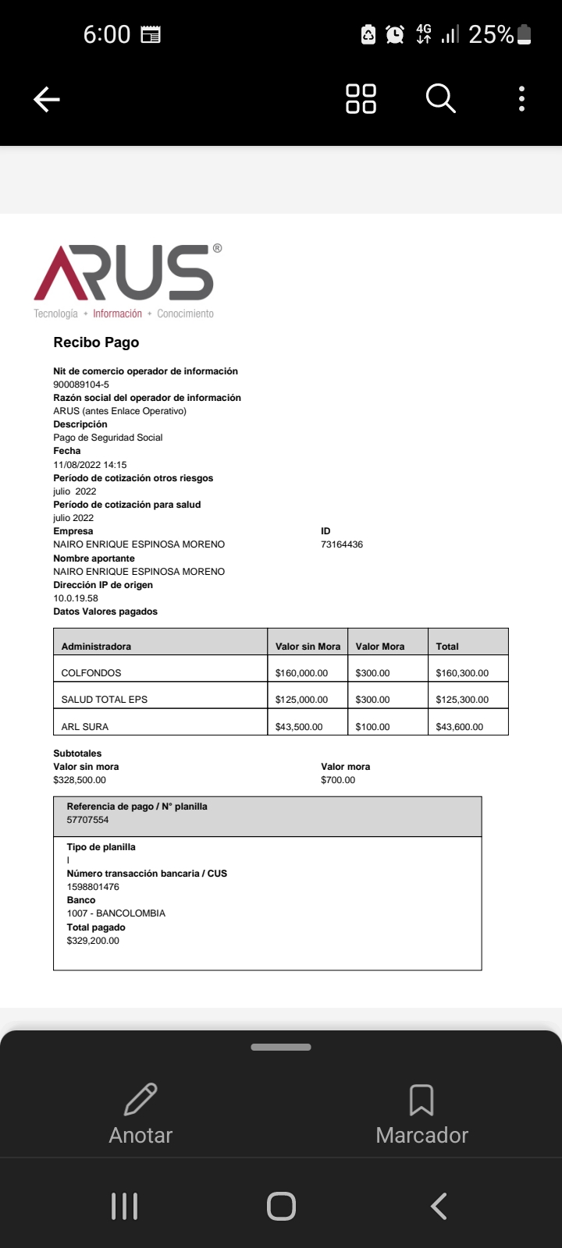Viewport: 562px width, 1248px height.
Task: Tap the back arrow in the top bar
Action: (x=47, y=99)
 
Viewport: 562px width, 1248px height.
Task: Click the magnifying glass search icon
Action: (x=440, y=99)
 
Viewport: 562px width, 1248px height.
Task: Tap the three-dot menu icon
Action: (x=521, y=99)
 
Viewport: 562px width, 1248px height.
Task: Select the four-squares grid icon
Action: (x=361, y=99)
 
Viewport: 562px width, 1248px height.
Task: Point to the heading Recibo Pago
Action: (x=96, y=342)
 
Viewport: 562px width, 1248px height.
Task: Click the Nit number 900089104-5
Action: (x=81, y=385)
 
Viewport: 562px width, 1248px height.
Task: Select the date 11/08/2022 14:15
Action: (x=90, y=465)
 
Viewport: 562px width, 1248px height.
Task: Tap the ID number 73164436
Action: (x=342, y=544)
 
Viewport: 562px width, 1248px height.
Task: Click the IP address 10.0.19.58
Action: (x=76, y=598)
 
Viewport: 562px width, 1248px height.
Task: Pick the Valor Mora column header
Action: (x=380, y=647)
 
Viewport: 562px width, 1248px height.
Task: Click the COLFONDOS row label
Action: (x=91, y=673)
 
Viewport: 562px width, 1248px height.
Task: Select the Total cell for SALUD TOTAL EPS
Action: (x=462, y=700)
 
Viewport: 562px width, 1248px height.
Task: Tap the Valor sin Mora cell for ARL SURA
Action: (x=299, y=727)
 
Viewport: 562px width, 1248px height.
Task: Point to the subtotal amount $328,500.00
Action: (x=80, y=780)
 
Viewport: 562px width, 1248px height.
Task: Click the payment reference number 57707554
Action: (x=88, y=820)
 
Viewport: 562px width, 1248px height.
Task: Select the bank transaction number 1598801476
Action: (x=93, y=887)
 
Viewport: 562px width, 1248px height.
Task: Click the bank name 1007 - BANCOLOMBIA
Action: (x=116, y=913)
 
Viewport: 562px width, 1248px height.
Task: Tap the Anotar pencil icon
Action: (x=140, y=1100)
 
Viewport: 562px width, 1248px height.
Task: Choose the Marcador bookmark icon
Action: (x=421, y=1100)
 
